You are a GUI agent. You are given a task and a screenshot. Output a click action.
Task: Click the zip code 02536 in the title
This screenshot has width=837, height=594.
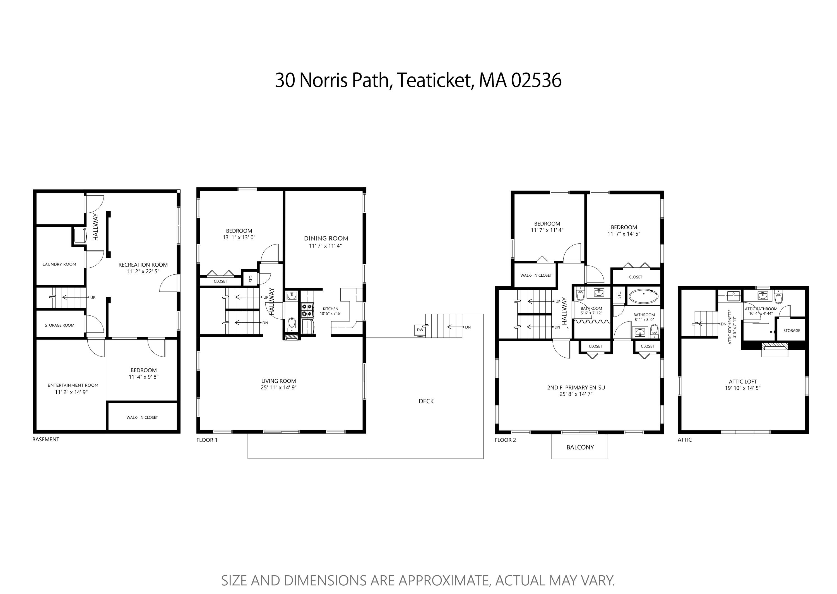pyautogui.click(x=536, y=80)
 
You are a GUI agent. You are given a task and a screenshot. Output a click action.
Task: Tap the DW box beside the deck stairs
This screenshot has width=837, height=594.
pyautogui.click(x=420, y=330)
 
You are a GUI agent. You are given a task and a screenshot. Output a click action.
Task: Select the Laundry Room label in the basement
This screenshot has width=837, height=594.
pyautogui.click(x=59, y=264)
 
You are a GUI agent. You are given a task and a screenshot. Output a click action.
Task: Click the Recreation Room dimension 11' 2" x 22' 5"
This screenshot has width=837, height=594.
pyautogui.click(x=143, y=271)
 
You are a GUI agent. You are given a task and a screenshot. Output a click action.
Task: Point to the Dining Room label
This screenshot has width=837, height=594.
pyautogui.click(x=326, y=238)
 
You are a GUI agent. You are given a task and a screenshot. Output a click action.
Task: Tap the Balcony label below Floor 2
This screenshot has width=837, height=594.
pyautogui.click(x=580, y=447)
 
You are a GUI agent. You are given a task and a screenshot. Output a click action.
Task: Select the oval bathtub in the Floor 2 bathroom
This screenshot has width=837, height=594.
pyautogui.click(x=644, y=296)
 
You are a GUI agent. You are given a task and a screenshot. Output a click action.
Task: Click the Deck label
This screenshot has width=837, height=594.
pyautogui.click(x=426, y=401)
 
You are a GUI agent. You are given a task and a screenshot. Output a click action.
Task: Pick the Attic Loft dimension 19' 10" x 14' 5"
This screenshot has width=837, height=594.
pyautogui.click(x=743, y=388)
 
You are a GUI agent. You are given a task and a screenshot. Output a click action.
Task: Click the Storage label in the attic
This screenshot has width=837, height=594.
pyautogui.click(x=792, y=330)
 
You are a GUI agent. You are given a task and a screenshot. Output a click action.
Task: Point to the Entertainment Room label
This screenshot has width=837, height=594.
pyautogui.click(x=73, y=385)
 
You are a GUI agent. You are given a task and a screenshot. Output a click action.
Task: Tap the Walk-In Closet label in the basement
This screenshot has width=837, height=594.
pyautogui.click(x=142, y=417)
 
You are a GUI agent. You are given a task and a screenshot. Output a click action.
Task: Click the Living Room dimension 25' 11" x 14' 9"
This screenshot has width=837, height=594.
pyautogui.click(x=278, y=387)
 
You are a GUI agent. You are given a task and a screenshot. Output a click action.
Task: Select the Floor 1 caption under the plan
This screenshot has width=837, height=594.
pyautogui.click(x=207, y=440)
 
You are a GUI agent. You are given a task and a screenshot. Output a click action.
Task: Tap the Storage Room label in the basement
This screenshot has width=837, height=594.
pyautogui.click(x=60, y=325)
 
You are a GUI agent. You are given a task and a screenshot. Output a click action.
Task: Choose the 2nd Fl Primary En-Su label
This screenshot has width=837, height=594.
pyautogui.click(x=576, y=387)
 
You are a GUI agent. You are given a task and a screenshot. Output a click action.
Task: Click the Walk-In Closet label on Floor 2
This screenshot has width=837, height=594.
pyautogui.click(x=536, y=275)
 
